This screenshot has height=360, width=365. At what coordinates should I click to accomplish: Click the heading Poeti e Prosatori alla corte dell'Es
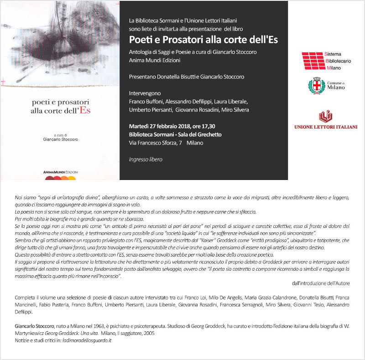point(203,39)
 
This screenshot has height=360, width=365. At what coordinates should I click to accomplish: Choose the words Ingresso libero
point(146,159)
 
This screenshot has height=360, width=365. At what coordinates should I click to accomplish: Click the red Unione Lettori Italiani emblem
point(325,116)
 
